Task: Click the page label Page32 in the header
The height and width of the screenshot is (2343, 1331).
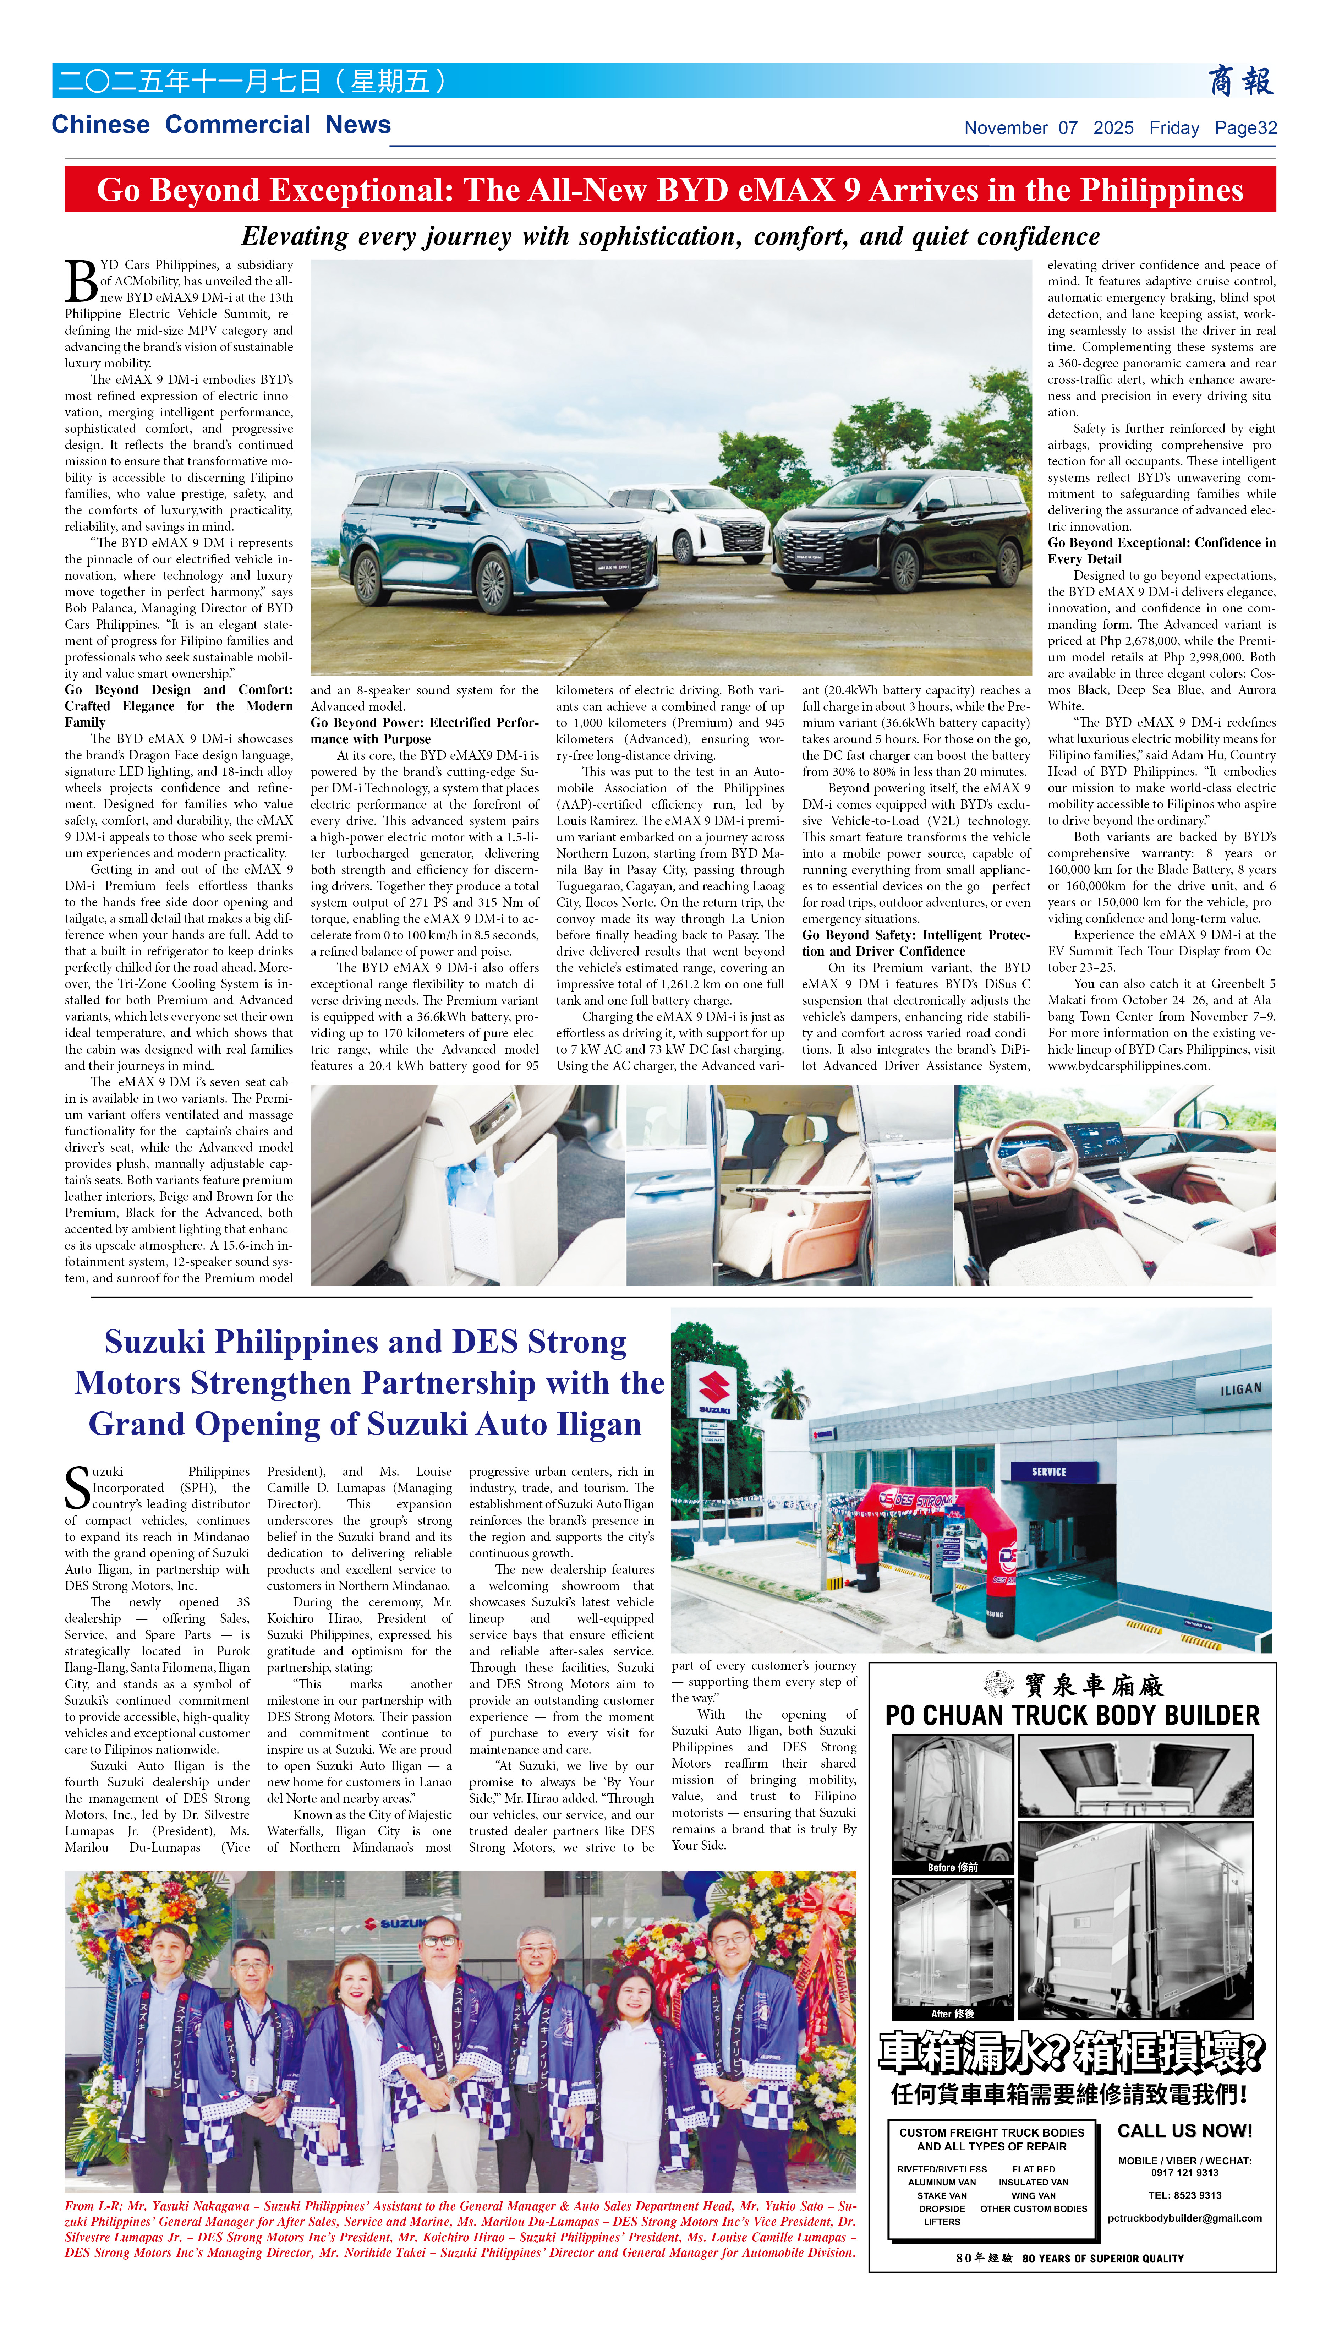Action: [x=1245, y=128]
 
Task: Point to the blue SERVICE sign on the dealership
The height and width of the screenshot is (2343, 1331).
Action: [x=1048, y=1472]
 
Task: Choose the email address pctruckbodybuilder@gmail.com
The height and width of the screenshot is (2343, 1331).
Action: [x=1184, y=2218]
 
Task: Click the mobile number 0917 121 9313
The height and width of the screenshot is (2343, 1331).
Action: [x=1184, y=2173]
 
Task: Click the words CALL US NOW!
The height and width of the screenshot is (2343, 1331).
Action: [x=1184, y=2131]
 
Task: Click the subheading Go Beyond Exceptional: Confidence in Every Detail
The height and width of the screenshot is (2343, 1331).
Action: [x=1161, y=551]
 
